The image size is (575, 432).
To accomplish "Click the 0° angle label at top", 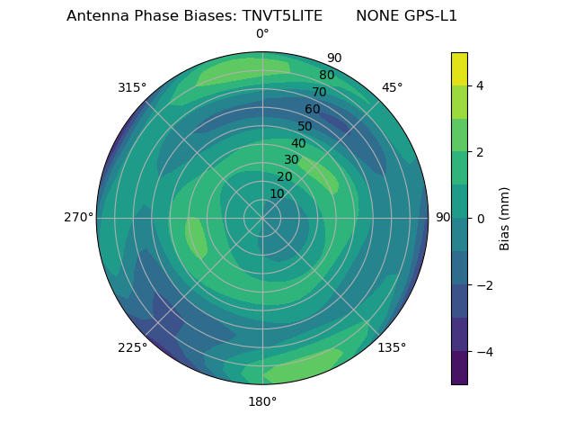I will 262,34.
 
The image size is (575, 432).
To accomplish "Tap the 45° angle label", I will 392,87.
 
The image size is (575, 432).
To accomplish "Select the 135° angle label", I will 392,347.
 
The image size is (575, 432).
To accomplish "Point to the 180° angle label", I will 262,401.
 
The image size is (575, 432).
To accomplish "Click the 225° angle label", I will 132,347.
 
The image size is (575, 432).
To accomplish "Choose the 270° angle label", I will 78,218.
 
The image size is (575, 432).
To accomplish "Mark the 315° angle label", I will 132,87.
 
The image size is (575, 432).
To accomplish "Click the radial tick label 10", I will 277,193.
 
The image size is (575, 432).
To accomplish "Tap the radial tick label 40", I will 298,143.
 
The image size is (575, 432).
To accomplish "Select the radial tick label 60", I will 313,110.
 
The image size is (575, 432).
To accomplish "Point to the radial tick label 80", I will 327,76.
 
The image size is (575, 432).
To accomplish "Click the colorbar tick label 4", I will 480,85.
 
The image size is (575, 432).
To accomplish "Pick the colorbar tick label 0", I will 480,219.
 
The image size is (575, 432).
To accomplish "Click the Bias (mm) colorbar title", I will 505,219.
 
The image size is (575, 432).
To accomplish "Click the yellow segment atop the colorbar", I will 459,68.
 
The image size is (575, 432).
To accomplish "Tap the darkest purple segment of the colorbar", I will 459,368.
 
